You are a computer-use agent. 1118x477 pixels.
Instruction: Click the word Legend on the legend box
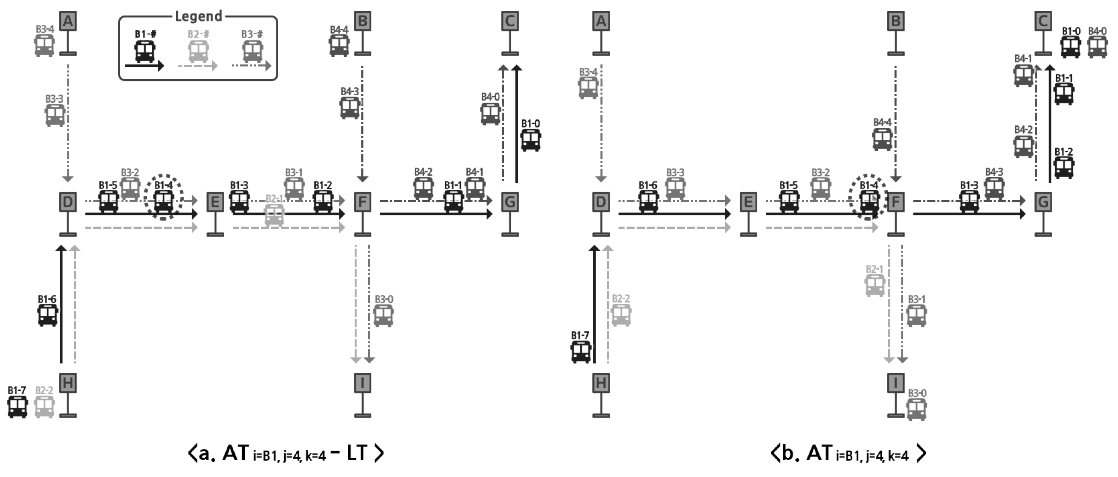click(x=198, y=16)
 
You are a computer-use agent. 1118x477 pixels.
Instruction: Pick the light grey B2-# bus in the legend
click(x=198, y=52)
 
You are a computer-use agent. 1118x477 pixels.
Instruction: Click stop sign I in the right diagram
click(x=896, y=383)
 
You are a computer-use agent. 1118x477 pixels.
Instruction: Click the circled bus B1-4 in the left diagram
click(x=164, y=201)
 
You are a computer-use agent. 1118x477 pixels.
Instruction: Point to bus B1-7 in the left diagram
click(x=17, y=407)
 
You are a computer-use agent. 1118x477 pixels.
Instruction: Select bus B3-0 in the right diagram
click(x=916, y=409)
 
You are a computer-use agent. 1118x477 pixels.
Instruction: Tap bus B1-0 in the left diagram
click(x=530, y=140)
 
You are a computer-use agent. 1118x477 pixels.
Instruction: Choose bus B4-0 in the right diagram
click(x=1097, y=47)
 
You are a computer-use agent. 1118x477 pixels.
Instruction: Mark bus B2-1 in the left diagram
click(x=274, y=215)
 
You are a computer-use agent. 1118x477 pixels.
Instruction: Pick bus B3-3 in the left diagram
click(x=55, y=115)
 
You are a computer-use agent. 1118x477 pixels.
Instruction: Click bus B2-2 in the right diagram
click(x=621, y=315)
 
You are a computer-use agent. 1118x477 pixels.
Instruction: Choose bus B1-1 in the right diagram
click(x=1064, y=93)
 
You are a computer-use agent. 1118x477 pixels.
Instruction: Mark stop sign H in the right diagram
click(x=601, y=383)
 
